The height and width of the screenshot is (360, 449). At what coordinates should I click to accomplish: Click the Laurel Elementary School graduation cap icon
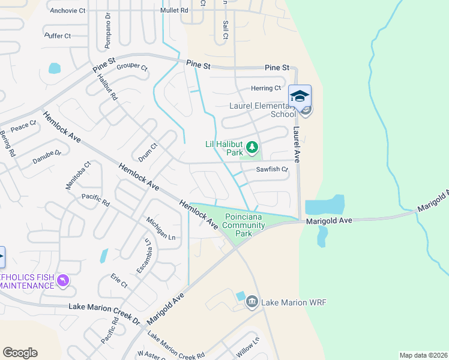pyautogui.click(x=300, y=96)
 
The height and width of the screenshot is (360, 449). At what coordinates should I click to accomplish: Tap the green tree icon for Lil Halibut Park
pyautogui.click(x=253, y=146)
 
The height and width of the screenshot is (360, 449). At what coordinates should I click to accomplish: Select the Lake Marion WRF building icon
pyautogui.click(x=252, y=301)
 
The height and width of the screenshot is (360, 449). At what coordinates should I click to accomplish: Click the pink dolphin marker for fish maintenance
pyautogui.click(x=62, y=280)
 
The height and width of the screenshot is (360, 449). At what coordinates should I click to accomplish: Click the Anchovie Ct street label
pyautogui.click(x=68, y=11)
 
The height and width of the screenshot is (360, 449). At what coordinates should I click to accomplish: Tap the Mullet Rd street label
pyautogui.click(x=174, y=11)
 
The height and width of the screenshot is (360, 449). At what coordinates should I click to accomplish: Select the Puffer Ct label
pyautogui.click(x=58, y=36)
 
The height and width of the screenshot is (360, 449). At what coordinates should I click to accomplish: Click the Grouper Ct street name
pyautogui.click(x=132, y=67)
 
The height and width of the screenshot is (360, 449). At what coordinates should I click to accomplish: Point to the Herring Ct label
pyautogui.click(x=266, y=88)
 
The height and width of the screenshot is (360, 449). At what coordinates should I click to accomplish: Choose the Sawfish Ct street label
pyautogui.click(x=273, y=170)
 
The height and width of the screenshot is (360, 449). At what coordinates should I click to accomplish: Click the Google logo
pyautogui.click(x=20, y=353)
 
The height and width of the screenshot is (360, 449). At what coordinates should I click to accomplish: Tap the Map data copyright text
pyautogui.click(x=423, y=355)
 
